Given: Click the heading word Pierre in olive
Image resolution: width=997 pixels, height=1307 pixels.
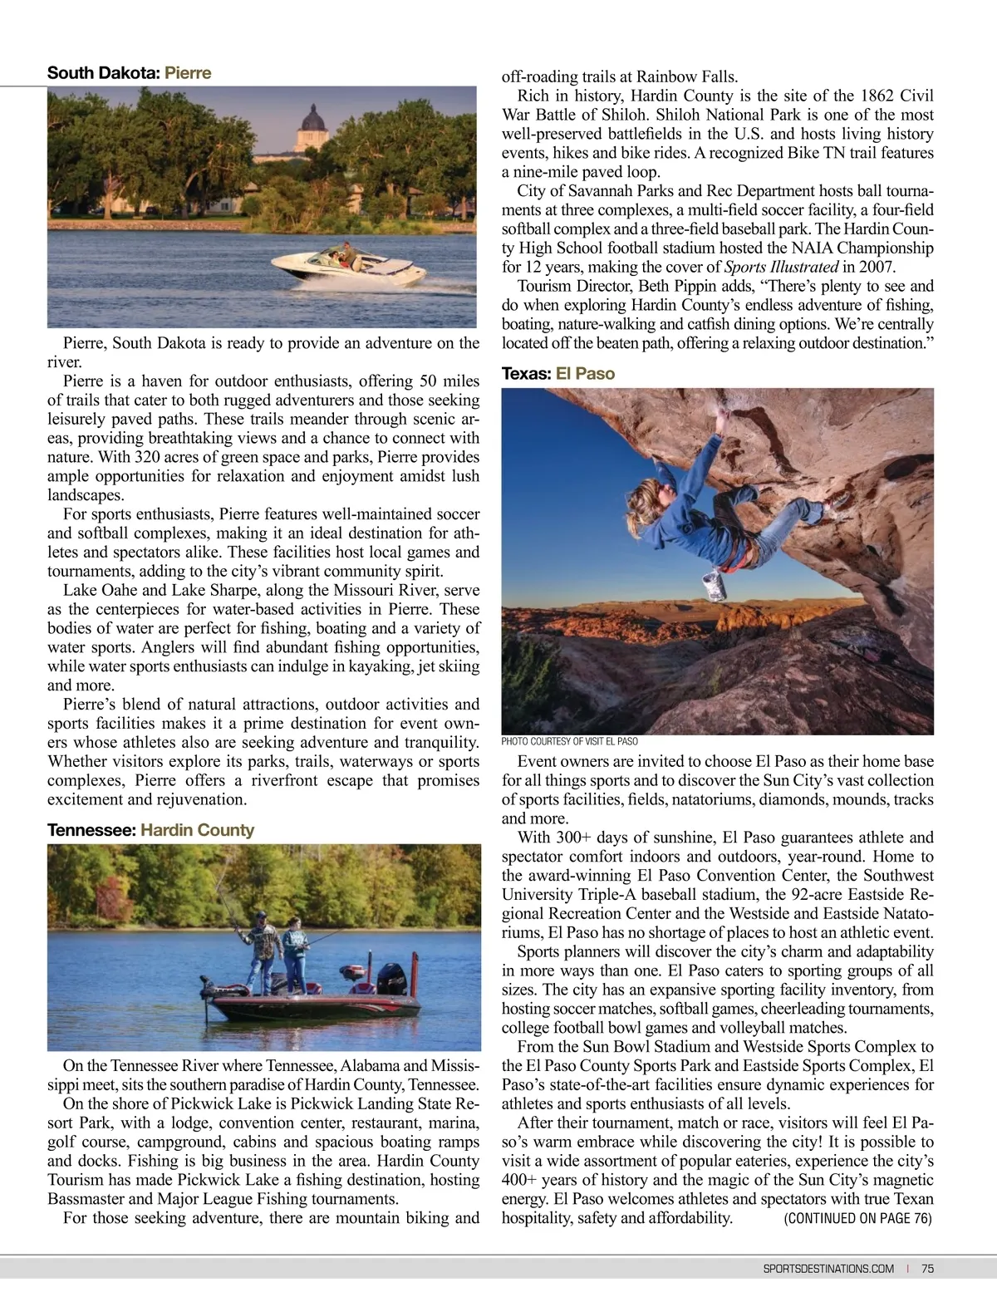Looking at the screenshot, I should (x=188, y=73).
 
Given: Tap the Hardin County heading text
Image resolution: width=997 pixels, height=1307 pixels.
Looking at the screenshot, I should (x=197, y=830).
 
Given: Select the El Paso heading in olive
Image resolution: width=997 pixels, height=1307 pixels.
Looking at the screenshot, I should (x=585, y=374).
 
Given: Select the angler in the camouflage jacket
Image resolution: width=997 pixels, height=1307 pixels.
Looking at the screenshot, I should (x=260, y=947).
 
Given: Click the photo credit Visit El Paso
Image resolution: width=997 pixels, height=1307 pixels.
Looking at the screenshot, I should (x=569, y=741).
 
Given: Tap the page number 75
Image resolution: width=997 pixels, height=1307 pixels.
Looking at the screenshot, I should (x=927, y=1269).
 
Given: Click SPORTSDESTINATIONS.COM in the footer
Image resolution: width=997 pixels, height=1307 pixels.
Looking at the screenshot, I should (x=828, y=1269).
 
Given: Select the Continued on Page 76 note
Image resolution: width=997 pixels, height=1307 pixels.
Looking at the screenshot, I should (x=857, y=1219).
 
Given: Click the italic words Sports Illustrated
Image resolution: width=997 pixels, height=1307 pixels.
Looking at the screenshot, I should (x=781, y=268).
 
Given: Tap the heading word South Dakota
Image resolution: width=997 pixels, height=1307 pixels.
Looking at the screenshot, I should (x=103, y=73).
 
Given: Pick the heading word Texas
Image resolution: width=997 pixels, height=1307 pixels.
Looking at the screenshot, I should (x=526, y=374).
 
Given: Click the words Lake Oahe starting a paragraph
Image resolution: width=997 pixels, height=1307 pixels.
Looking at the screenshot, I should (x=98, y=591).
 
